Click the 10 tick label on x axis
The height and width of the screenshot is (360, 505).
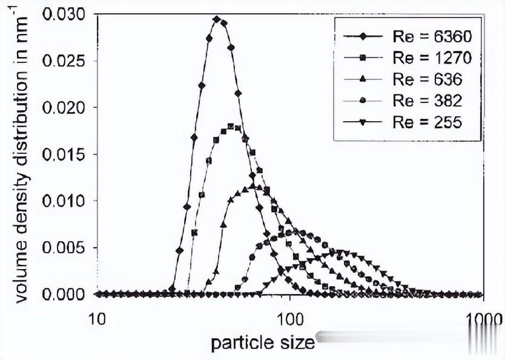click(97, 318)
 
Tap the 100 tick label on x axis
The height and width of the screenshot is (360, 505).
click(289, 318)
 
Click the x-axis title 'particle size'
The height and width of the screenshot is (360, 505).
click(263, 343)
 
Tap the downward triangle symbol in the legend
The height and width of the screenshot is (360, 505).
click(362, 122)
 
